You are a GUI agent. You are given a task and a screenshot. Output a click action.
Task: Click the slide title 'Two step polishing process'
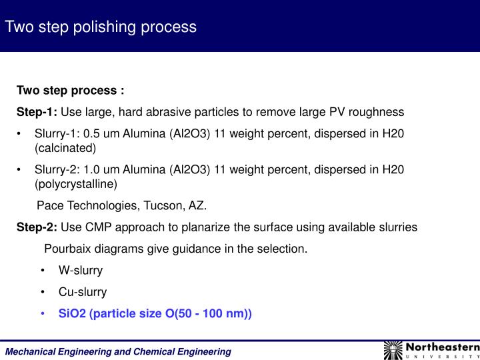coord(101,27)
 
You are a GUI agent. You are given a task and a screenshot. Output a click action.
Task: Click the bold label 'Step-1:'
coord(37,111)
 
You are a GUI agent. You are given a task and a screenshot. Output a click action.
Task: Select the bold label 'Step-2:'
coord(37,227)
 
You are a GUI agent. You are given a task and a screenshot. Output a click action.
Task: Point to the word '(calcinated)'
coord(65,147)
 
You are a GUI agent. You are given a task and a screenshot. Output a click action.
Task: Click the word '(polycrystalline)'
coord(76,184)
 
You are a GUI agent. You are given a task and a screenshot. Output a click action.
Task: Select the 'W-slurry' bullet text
coord(81,270)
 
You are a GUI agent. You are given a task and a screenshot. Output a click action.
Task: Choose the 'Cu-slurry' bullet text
coord(83,292)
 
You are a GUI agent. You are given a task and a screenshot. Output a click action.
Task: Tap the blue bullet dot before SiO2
coord(43,313)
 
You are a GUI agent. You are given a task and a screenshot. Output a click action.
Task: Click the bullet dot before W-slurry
coord(43,270)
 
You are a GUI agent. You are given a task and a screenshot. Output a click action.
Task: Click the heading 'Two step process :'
coord(71,90)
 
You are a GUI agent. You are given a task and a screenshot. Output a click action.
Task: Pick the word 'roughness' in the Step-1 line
coord(381,111)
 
